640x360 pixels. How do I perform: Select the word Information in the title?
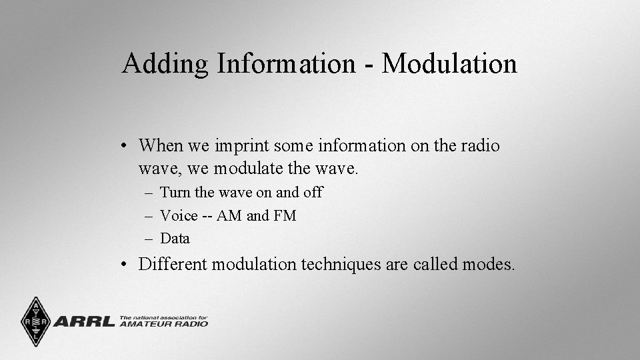[x=285, y=64]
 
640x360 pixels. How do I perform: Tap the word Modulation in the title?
[x=450, y=64]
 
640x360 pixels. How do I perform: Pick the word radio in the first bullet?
[x=479, y=146]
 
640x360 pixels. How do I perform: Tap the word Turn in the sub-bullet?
[x=175, y=193]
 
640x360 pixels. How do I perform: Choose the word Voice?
[x=179, y=216]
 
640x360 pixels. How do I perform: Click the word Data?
[x=175, y=239]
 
